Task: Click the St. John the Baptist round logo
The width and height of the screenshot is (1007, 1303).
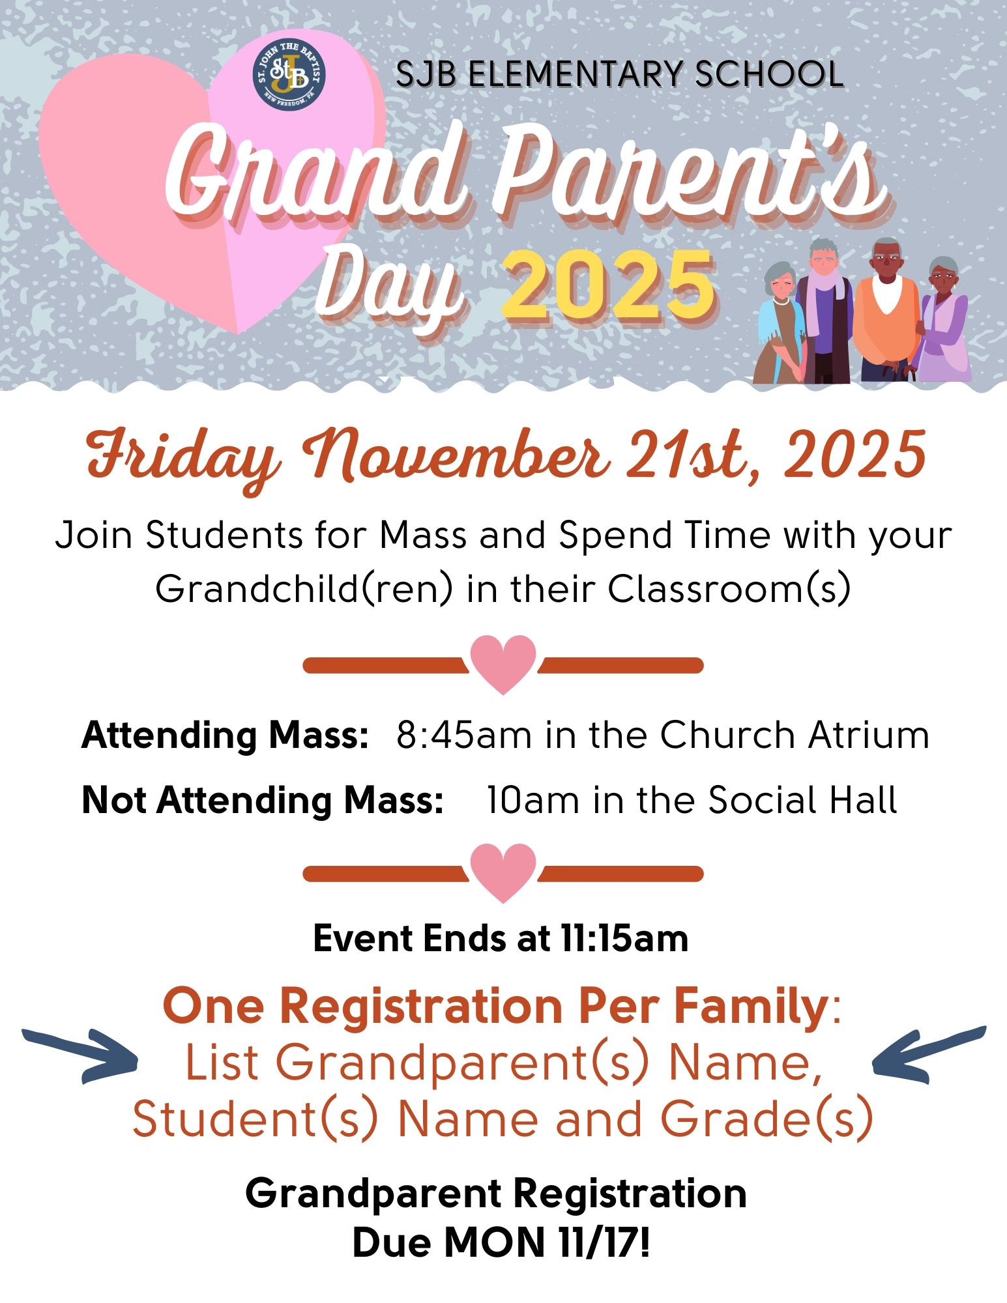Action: coord(289,75)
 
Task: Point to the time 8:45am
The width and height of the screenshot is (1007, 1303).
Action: coord(463,736)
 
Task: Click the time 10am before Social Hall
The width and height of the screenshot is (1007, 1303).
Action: coord(533,800)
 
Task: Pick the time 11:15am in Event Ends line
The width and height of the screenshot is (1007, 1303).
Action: coord(624,939)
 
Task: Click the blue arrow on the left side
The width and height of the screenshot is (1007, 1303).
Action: coord(80,1056)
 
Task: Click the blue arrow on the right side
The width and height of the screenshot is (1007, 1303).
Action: coord(929,1056)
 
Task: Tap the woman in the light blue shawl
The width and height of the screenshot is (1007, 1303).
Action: coord(781,322)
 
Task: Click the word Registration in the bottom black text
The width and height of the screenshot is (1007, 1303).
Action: coord(630,1194)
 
